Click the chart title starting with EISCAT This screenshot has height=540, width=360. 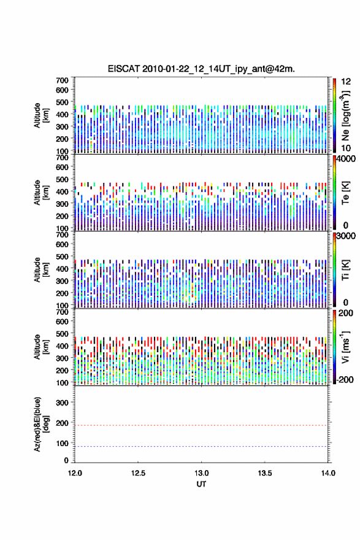201,69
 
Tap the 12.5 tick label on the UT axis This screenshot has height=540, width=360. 138,473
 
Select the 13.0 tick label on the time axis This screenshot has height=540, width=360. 201,473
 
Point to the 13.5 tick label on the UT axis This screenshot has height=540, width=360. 265,473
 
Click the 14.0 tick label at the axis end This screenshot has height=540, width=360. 328,473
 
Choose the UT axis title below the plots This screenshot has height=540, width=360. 201,484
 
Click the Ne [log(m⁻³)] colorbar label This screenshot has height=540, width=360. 345,116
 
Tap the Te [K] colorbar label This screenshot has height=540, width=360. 345,193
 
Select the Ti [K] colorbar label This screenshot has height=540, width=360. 345,269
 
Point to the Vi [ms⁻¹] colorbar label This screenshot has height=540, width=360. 345,347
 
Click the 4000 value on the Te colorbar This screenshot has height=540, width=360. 346,159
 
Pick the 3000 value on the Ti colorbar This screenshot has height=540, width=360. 346,236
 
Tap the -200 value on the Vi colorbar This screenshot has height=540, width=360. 345,379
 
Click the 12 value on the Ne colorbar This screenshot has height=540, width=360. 346,82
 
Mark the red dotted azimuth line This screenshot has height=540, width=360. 201,425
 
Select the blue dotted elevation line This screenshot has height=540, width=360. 201,446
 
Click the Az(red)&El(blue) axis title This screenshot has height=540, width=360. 40,424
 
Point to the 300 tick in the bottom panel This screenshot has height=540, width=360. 62,403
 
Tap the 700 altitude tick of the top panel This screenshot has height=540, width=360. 62,80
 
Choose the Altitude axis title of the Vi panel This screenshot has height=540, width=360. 40,347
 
